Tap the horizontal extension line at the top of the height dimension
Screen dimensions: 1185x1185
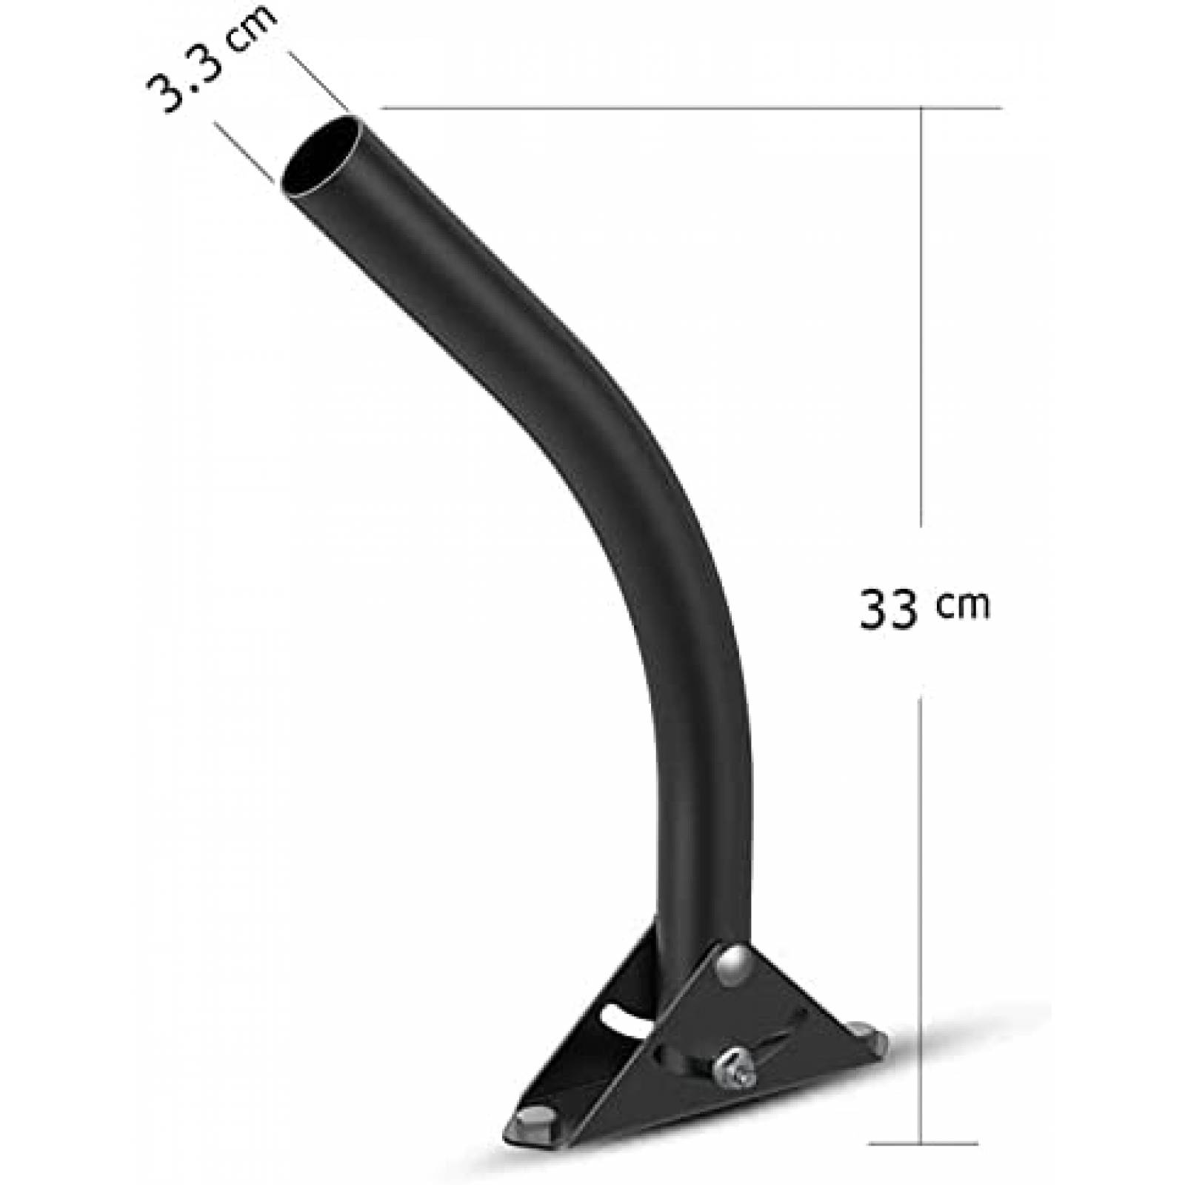click(689, 108)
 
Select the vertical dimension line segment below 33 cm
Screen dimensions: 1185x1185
click(921, 911)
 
